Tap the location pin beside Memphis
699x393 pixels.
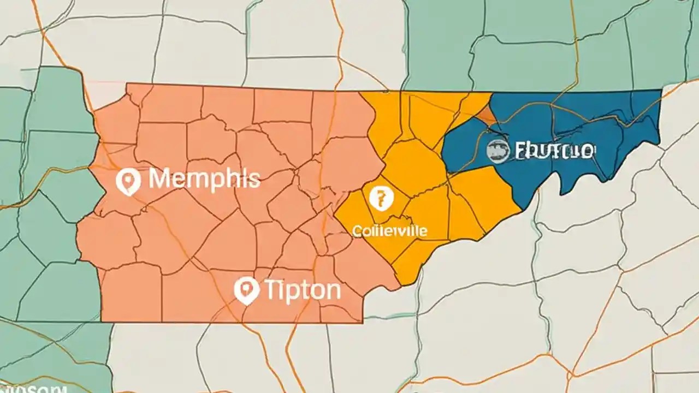click(128, 181)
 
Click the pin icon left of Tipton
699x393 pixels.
click(246, 290)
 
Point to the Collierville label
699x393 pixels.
click(390, 230)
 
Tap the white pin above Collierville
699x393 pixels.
click(381, 198)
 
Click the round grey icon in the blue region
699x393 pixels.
click(498, 150)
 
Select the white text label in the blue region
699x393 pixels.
click(553, 151)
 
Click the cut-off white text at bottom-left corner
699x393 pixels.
click(33, 389)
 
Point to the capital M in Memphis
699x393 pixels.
click(160, 179)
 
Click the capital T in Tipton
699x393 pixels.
click(271, 290)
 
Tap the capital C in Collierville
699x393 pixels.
click(358, 230)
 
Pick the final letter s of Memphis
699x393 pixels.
click(254, 180)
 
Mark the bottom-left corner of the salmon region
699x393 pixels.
click(102, 321)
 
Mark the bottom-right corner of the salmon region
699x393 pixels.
click(363, 322)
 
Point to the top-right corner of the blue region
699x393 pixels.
click(661, 91)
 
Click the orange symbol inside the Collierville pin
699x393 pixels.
click(381, 196)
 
